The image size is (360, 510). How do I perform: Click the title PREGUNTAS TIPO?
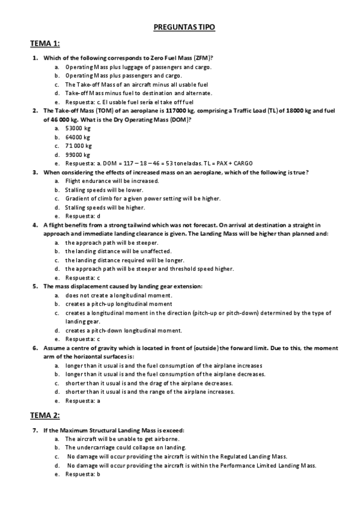(180, 28)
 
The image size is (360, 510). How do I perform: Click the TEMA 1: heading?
(45, 44)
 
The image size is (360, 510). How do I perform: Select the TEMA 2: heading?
(45, 415)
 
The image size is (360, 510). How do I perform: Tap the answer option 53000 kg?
(78, 128)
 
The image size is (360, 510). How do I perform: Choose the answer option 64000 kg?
(78, 137)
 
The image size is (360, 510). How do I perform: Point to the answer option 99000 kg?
(78, 155)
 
